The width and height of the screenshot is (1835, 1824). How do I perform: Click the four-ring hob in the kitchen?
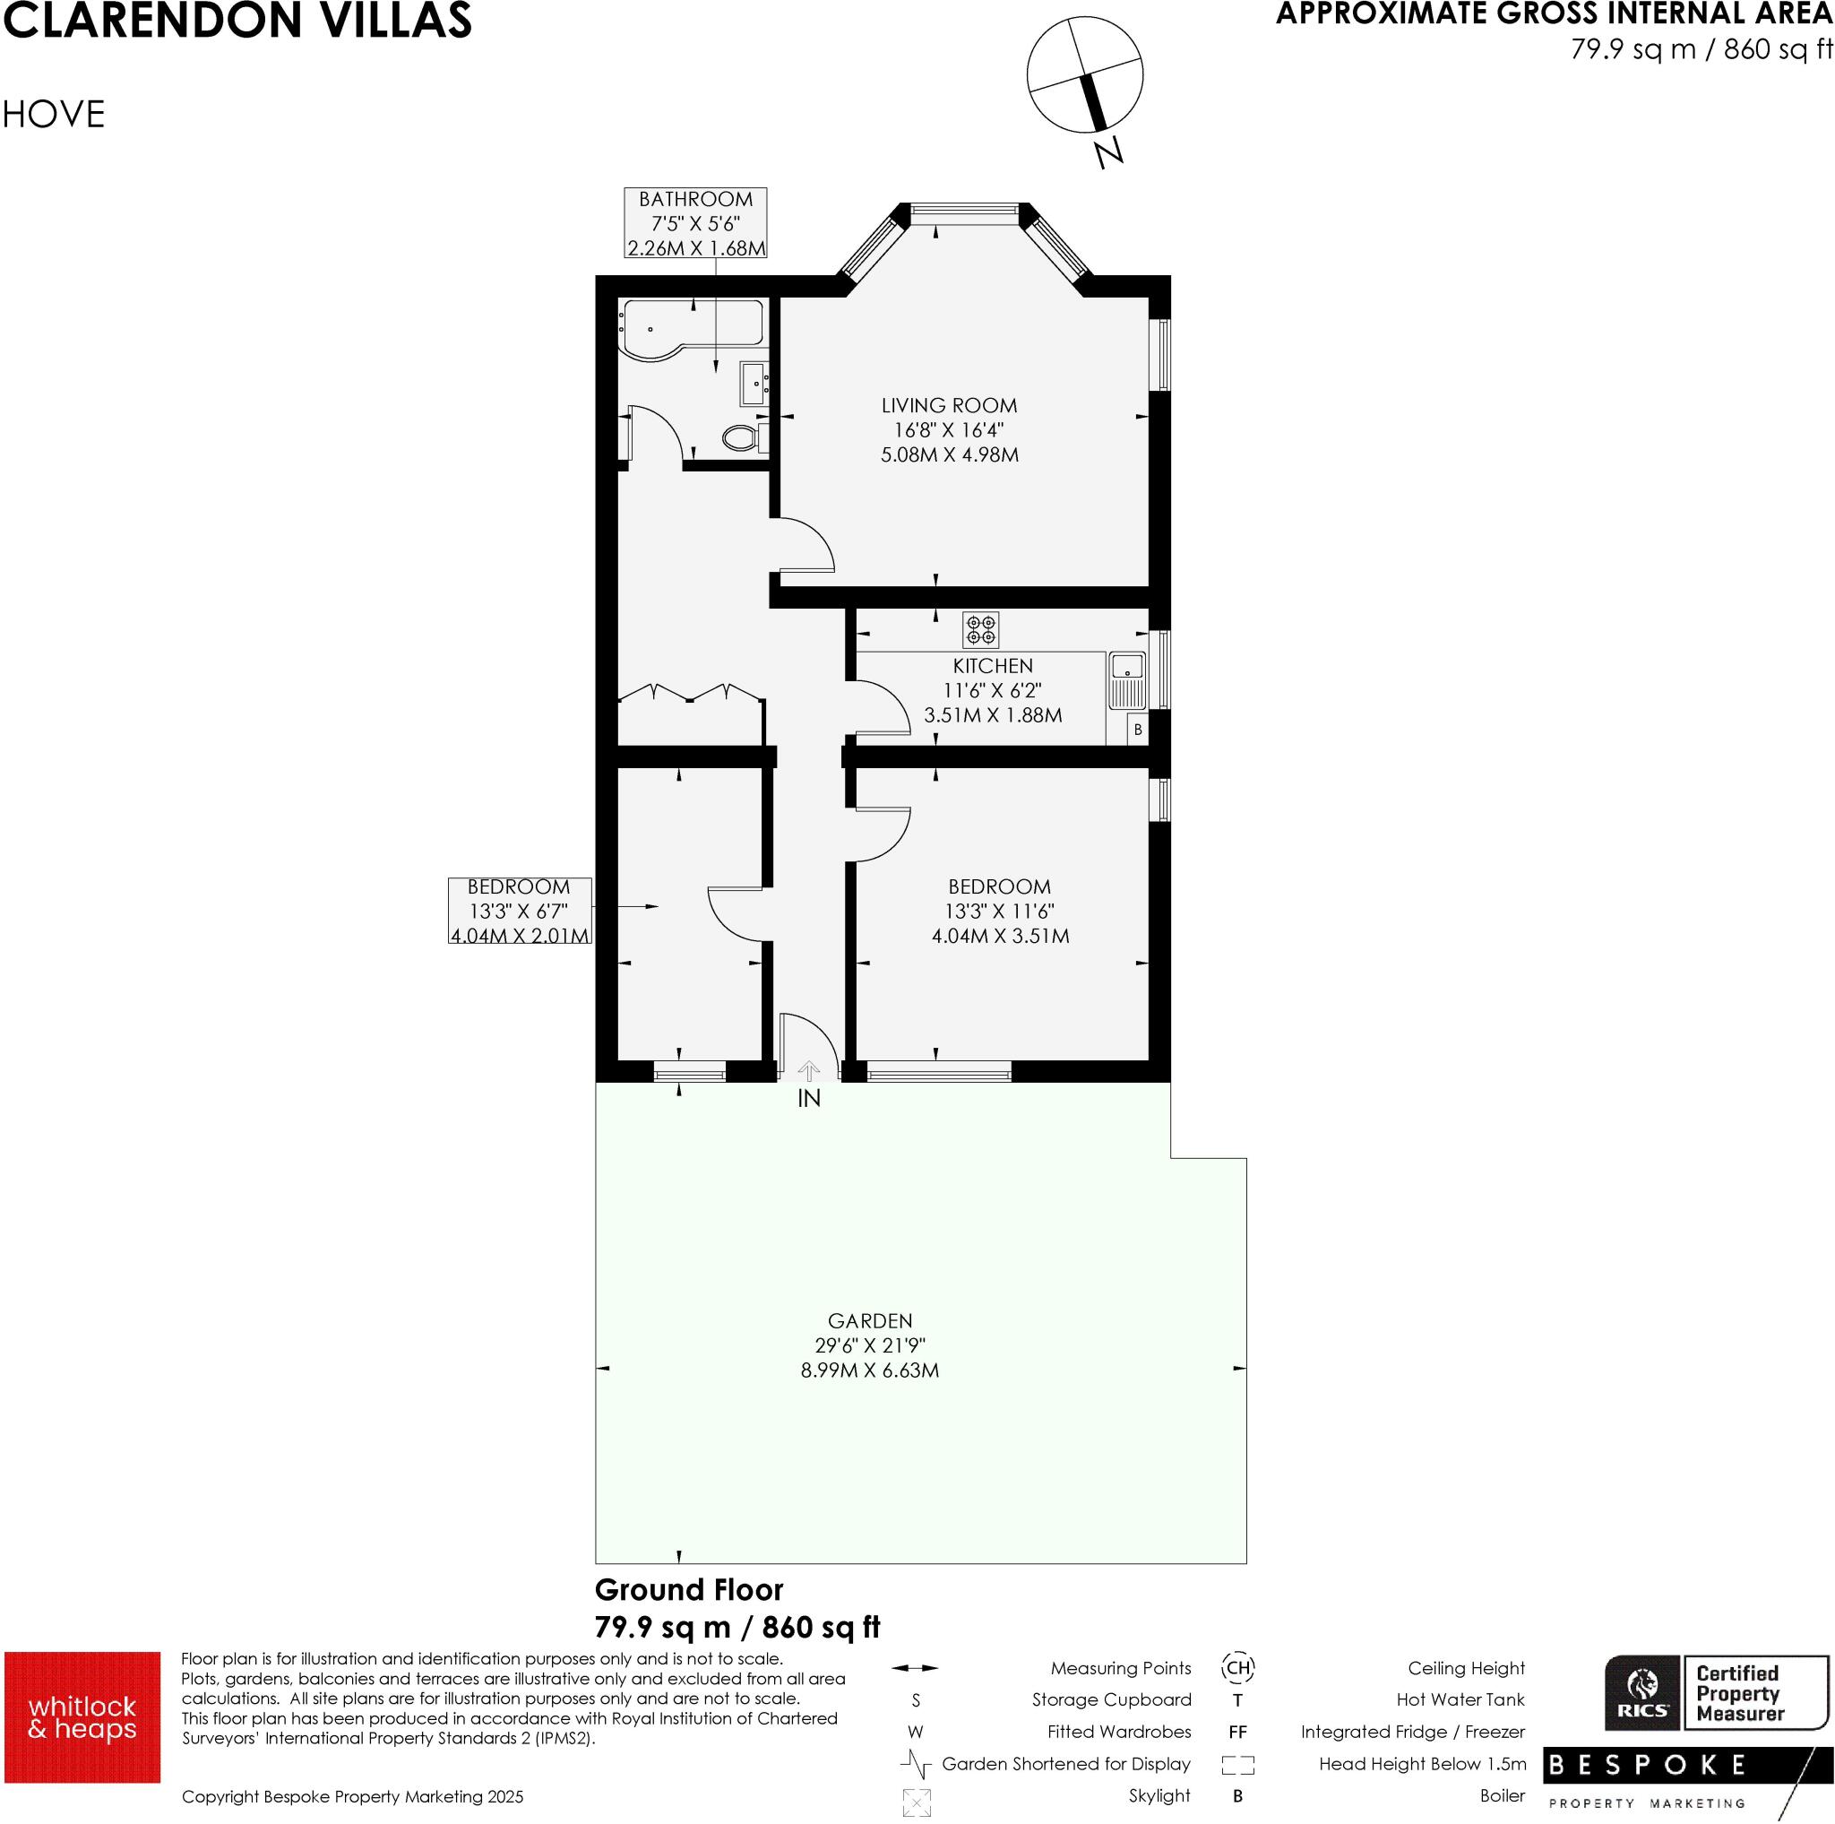(980, 629)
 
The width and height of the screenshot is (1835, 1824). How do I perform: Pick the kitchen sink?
(1127, 680)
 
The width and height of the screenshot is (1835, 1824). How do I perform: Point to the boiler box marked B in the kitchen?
(1138, 730)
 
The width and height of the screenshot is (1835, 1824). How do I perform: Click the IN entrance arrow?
(808, 1072)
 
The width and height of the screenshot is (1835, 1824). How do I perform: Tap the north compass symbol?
(1085, 76)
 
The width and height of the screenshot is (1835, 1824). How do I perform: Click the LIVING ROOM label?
(949, 406)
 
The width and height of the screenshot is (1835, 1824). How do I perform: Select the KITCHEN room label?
(993, 666)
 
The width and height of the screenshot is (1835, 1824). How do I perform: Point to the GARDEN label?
(870, 1320)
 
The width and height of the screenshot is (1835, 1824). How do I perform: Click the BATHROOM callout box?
(695, 223)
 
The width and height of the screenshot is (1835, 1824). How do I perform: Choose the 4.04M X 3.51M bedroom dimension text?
(1000, 936)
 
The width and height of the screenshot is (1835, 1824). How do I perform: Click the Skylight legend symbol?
(917, 1802)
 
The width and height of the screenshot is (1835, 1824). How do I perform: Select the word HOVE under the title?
(53, 114)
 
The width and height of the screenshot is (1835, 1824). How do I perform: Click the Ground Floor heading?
(689, 1589)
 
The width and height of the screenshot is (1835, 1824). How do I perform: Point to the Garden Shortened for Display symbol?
(916, 1764)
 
